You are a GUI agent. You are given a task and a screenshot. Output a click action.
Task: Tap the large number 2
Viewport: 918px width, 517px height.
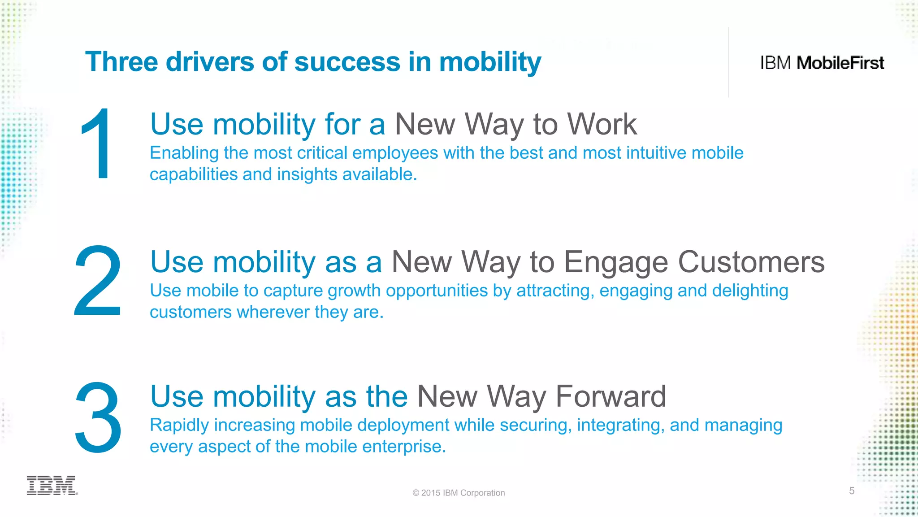coord(98,281)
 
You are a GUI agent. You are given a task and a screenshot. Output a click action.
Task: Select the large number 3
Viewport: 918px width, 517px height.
coord(98,417)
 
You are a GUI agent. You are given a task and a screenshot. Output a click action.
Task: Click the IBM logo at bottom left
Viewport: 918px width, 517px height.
coord(52,485)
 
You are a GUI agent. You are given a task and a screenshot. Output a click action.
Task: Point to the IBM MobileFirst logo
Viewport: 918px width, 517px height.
coord(822,63)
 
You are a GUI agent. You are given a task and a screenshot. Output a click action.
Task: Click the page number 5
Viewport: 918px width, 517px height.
coord(852,491)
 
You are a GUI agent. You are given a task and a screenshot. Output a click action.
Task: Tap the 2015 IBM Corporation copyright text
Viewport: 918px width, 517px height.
coord(459,493)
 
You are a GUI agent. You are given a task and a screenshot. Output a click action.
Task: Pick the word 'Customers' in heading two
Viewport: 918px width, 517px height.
coord(751,262)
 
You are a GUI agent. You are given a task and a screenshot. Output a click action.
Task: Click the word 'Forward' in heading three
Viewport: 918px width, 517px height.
coord(611,396)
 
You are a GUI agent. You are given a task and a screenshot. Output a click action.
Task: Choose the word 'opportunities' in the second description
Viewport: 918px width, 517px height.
coord(437,291)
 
